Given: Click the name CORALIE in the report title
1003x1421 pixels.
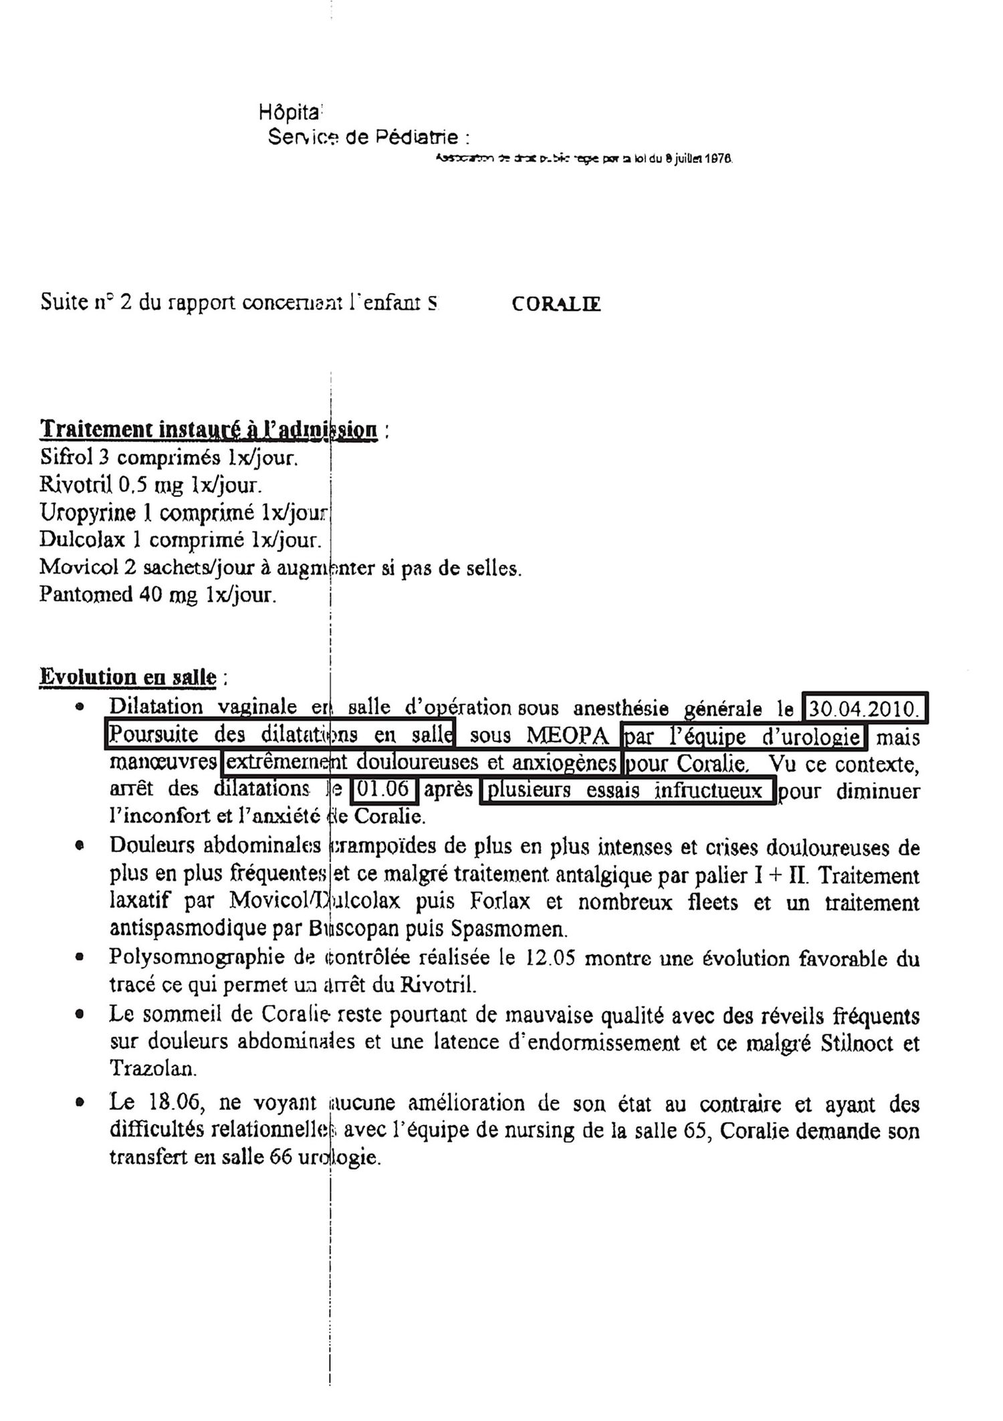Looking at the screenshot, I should (556, 304).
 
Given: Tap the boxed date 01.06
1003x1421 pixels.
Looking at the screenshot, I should (384, 789).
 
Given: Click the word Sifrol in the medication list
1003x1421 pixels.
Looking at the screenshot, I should (63, 458).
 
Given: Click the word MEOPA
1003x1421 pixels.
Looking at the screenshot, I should (568, 736).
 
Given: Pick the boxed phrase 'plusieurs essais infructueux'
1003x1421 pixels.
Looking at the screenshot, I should (627, 790).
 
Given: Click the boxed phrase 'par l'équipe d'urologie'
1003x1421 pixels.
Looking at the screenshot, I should (742, 736).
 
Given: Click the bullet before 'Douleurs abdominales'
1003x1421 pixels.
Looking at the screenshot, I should (80, 846).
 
